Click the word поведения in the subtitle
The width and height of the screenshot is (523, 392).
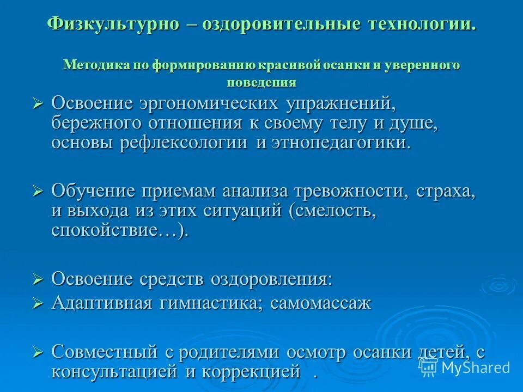[261, 83]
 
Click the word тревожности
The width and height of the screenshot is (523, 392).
[352, 191]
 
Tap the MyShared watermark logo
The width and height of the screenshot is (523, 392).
[466, 367]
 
